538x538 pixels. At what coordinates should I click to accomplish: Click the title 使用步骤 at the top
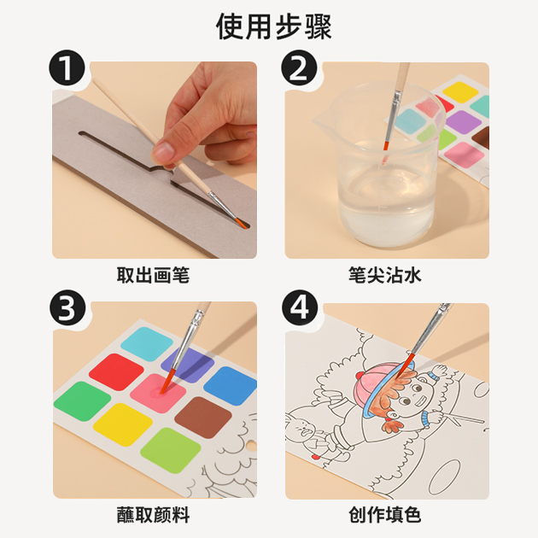pyautogui.click(x=273, y=26)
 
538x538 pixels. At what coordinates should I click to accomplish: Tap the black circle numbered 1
pyautogui.click(x=67, y=68)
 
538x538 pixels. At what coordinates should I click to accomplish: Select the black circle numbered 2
pyautogui.click(x=299, y=68)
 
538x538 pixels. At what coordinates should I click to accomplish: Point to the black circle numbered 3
pyautogui.click(x=67, y=307)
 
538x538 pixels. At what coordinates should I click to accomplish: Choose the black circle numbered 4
pyautogui.click(x=300, y=307)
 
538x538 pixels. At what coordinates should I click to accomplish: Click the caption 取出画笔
pyautogui.click(x=153, y=275)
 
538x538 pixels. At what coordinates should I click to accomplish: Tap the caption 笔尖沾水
pyautogui.click(x=385, y=275)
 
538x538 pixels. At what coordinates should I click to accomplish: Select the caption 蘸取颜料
pyautogui.click(x=153, y=515)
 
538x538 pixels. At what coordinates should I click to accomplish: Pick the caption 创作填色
pyautogui.click(x=385, y=515)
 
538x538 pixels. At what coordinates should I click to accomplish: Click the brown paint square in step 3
pyautogui.click(x=203, y=418)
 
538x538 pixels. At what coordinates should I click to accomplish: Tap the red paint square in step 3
pyautogui.click(x=116, y=372)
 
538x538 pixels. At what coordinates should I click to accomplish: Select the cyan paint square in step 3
pyautogui.click(x=147, y=344)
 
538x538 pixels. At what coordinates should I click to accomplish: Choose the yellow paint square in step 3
pyautogui.click(x=123, y=424)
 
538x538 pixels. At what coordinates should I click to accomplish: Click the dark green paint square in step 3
pyautogui.click(x=82, y=401)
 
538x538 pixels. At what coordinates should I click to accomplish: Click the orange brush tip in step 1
pyautogui.click(x=240, y=224)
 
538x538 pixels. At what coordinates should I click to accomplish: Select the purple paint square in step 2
pyautogui.click(x=463, y=122)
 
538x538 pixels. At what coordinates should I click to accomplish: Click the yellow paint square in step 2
pyautogui.click(x=460, y=92)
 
